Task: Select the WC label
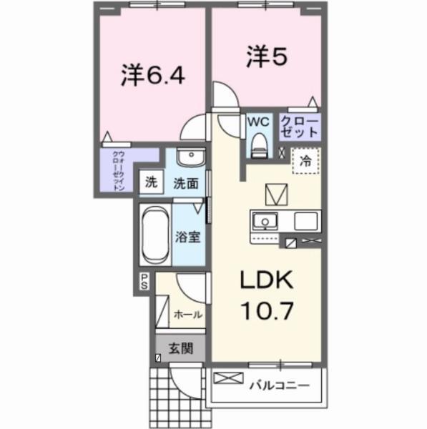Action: (257, 122)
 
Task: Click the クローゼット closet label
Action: (300, 127)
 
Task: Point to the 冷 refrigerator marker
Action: (305, 162)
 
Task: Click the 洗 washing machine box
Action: (150, 182)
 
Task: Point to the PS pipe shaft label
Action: (144, 281)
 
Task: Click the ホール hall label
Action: (187, 314)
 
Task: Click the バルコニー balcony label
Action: (280, 387)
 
